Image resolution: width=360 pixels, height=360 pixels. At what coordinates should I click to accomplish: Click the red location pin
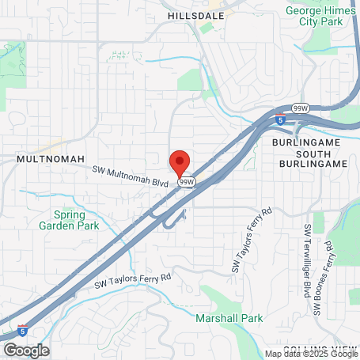(180, 162)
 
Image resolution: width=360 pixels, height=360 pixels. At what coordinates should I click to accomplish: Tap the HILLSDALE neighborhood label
(197, 14)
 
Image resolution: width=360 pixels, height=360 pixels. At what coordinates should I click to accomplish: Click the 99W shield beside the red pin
(187, 182)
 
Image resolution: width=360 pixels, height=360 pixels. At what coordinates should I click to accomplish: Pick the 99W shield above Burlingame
(301, 108)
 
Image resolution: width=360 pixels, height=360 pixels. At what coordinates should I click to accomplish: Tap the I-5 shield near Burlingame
(281, 121)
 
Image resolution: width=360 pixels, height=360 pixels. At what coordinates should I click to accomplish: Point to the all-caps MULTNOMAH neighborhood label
(50, 159)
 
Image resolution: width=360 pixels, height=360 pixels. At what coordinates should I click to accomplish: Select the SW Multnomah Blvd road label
(131, 176)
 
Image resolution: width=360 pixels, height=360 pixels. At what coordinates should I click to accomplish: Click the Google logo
(26, 350)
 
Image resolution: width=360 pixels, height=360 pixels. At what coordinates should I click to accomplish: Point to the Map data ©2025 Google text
(311, 354)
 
